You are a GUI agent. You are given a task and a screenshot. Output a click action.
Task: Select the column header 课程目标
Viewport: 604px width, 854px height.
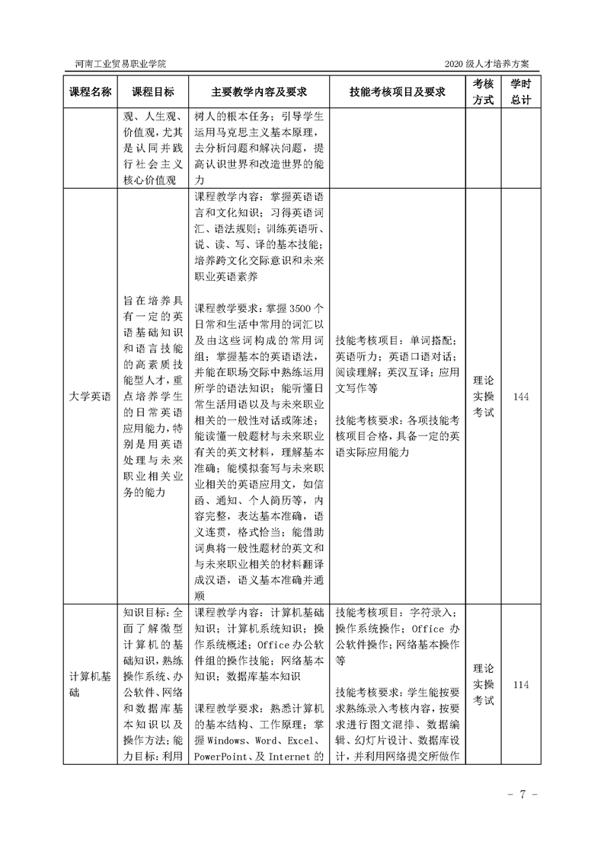152,92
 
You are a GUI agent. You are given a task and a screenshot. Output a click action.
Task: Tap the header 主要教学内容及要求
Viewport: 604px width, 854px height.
259,92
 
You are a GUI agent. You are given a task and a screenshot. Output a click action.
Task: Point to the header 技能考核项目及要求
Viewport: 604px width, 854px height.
397,92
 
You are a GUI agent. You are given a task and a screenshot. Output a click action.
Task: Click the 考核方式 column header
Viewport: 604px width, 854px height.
483,91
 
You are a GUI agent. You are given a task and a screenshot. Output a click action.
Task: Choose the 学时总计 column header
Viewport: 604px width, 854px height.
521,91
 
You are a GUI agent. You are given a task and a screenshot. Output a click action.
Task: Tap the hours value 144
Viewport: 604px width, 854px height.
521,397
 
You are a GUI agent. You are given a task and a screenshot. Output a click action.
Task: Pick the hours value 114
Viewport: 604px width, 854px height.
521,685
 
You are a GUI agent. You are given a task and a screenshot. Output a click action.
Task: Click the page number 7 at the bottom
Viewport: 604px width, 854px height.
523,795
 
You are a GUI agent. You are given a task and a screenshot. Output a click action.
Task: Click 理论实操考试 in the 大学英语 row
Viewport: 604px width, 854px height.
483,397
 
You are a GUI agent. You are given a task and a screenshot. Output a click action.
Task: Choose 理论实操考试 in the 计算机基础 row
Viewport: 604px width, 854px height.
483,685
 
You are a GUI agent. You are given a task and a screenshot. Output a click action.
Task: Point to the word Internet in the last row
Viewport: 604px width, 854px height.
293,757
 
